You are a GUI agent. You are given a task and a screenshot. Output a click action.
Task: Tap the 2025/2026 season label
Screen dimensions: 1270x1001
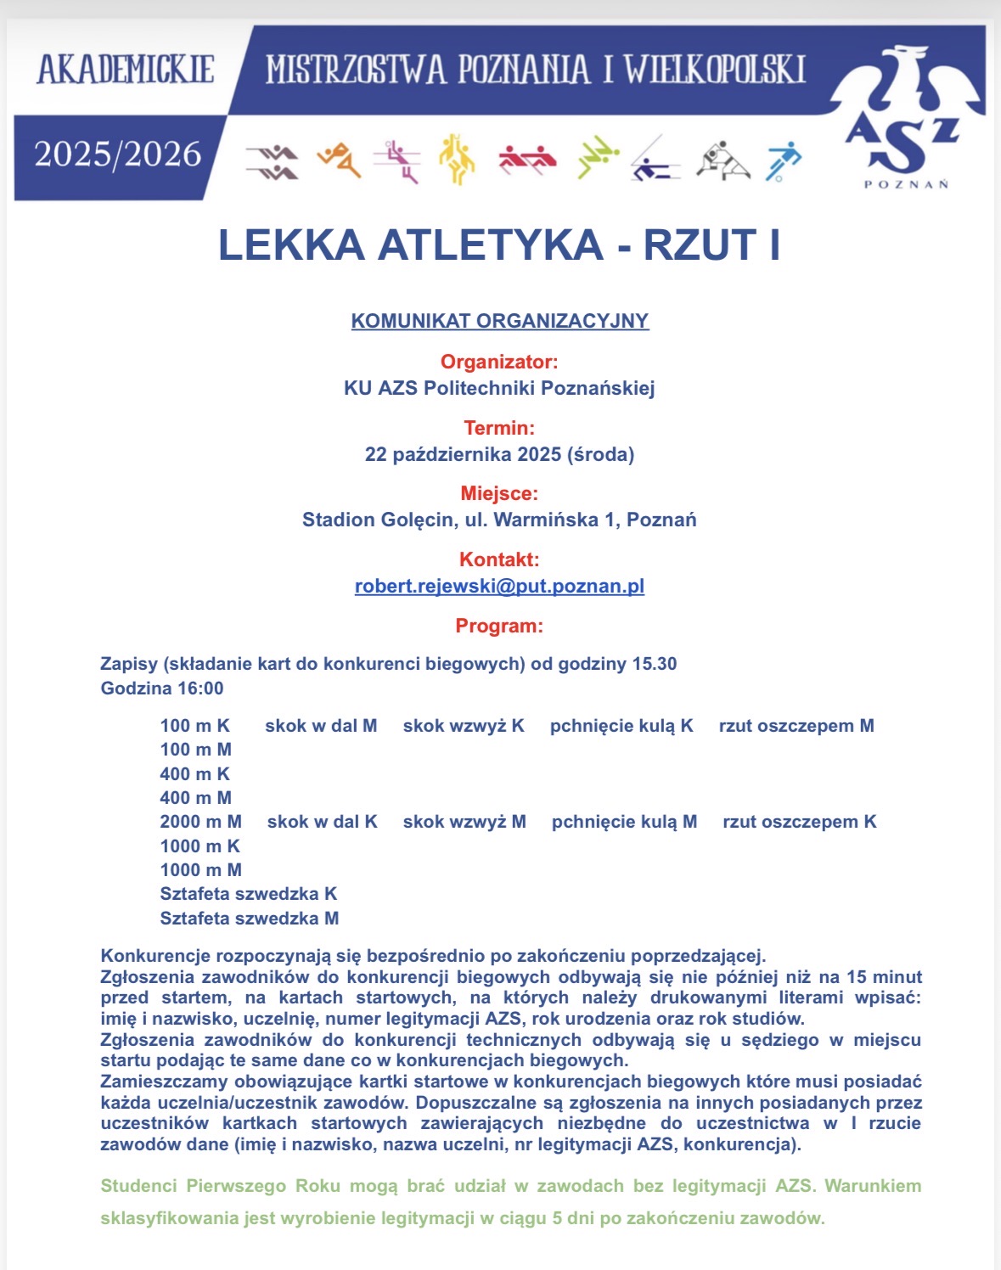coord(118,155)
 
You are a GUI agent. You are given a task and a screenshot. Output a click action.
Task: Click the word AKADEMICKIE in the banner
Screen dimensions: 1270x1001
coord(126,70)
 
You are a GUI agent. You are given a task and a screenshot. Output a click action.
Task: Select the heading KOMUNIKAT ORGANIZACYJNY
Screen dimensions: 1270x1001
coord(500,321)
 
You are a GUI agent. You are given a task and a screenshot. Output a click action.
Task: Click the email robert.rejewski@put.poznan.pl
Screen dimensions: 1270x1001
coord(499,586)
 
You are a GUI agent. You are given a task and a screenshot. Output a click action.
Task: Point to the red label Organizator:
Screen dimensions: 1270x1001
coord(499,362)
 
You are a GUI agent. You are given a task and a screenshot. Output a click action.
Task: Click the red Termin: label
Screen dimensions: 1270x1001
coord(499,428)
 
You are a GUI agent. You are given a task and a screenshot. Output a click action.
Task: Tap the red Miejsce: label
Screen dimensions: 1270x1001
coord(499,493)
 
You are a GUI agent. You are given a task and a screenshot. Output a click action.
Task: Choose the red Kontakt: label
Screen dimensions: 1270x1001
coord(499,559)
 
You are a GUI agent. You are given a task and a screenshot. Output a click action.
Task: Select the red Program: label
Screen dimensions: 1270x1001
coord(499,626)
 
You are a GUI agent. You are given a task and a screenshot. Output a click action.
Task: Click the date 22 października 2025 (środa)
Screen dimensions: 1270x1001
coord(499,454)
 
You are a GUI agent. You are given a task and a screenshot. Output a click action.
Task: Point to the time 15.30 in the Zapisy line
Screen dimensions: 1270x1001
coord(654,664)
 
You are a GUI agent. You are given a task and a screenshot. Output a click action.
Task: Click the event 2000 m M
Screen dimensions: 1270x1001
coord(200,822)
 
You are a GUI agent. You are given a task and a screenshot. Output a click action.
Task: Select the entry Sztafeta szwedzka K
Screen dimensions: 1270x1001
coord(249,894)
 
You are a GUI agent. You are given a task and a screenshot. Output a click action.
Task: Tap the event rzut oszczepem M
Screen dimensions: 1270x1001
coord(796,726)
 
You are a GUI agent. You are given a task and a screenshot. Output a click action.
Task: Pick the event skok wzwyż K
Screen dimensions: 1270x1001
coord(464,726)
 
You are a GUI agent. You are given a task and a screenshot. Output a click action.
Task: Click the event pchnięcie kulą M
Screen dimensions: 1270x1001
coord(624,822)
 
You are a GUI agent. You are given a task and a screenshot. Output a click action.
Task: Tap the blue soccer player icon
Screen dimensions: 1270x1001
coord(782,160)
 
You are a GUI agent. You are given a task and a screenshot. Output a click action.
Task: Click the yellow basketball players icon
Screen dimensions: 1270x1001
coord(457,159)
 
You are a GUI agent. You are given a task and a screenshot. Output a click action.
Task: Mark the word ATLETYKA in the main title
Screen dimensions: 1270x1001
coord(490,244)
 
